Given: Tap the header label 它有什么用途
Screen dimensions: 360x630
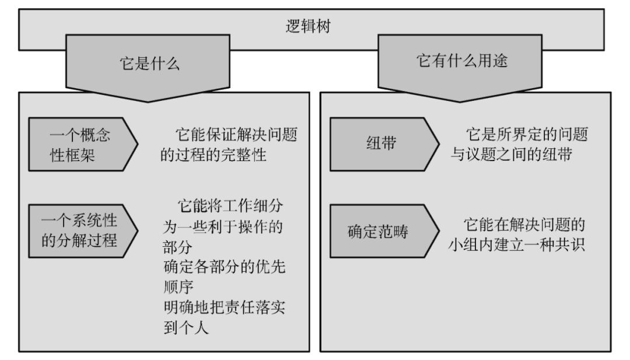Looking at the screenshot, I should [461, 62].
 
